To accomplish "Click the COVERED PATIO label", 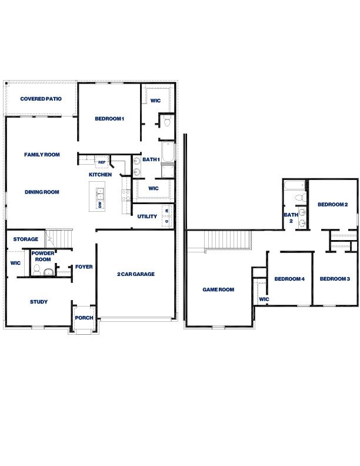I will click(x=41, y=99).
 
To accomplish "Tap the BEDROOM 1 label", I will click(x=109, y=119).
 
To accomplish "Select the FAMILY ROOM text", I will click(x=42, y=155).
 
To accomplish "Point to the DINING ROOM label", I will click(x=42, y=192).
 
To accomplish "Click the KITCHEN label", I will click(x=100, y=175).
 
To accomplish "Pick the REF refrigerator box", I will click(x=101, y=162).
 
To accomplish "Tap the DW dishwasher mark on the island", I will click(x=100, y=205).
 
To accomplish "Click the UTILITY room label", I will click(x=147, y=217).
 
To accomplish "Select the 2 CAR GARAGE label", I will click(x=135, y=274).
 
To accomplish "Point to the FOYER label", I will click(x=84, y=267).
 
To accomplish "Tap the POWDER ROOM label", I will click(x=43, y=256).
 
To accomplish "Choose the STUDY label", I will click(x=39, y=302).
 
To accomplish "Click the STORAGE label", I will click(x=26, y=239).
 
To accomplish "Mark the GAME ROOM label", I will click(x=218, y=289).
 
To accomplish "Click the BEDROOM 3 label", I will click(x=335, y=279).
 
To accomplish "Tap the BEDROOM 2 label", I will click(x=333, y=205).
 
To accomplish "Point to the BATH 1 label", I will click(x=151, y=160).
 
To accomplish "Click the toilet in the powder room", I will click(x=36, y=271).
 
